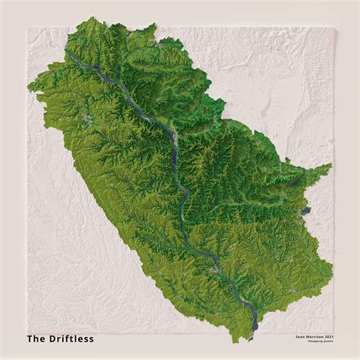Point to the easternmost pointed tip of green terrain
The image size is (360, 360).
click(331, 165)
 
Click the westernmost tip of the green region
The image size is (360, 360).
click(28, 90)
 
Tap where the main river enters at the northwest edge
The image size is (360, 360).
click(68, 53)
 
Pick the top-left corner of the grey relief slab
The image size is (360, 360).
click(27, 28)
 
